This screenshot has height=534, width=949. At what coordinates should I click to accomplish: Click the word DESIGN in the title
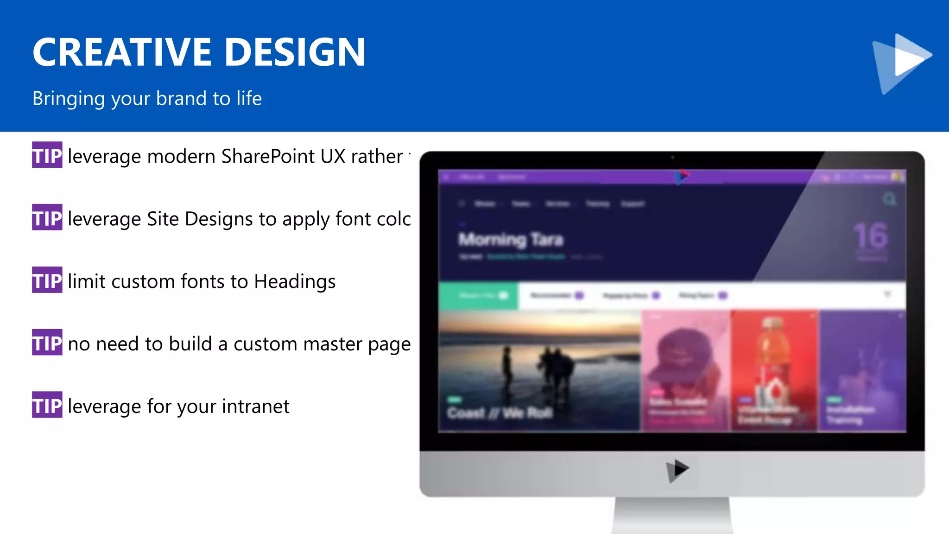click(295, 52)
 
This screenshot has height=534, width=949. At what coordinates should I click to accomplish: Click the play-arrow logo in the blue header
click(901, 63)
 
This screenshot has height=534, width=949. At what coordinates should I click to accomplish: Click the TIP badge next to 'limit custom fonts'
click(47, 280)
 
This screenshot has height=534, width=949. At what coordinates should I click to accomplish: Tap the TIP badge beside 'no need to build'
click(47, 343)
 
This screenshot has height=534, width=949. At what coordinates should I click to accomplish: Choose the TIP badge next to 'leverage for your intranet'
click(47, 405)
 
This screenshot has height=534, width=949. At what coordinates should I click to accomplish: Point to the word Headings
click(295, 282)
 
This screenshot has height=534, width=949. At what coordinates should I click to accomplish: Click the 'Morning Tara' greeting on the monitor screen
click(511, 240)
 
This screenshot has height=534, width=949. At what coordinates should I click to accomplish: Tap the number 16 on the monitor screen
click(871, 236)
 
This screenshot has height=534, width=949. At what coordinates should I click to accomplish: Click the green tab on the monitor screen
click(479, 295)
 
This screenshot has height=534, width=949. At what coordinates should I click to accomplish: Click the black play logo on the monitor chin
click(677, 470)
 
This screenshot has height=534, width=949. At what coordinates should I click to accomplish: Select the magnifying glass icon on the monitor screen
click(889, 199)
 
